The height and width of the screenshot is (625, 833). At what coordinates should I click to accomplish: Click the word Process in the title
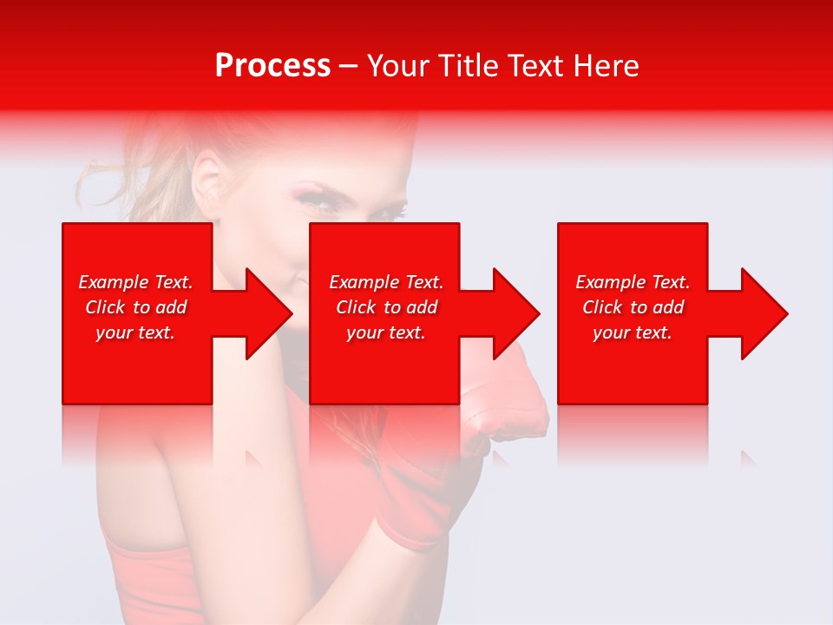pos(272,65)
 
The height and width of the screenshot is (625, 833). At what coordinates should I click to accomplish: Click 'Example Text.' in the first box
pos(135,282)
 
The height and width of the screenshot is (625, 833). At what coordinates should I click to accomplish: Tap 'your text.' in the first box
pos(135,332)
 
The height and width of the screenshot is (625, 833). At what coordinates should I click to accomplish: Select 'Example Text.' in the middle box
pos(386,282)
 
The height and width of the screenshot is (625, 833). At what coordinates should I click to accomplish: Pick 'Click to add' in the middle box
pos(386,307)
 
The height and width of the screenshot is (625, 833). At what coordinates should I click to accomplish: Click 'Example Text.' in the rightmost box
pos(633,282)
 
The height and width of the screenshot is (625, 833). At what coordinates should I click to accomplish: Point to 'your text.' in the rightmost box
pos(633,332)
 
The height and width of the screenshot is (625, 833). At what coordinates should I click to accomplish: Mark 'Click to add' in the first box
pos(135,307)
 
